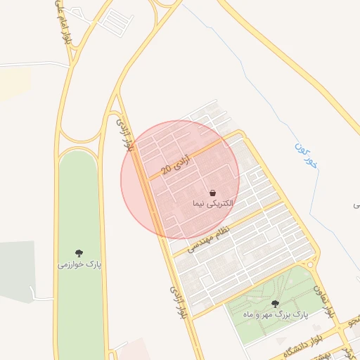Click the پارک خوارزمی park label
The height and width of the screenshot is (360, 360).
(79, 265)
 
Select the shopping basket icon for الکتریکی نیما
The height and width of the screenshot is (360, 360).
(212, 193)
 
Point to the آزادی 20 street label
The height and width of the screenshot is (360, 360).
(176, 165)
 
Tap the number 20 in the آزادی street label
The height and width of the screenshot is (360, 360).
(166, 170)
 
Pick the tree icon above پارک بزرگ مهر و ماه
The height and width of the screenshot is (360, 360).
(275, 304)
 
